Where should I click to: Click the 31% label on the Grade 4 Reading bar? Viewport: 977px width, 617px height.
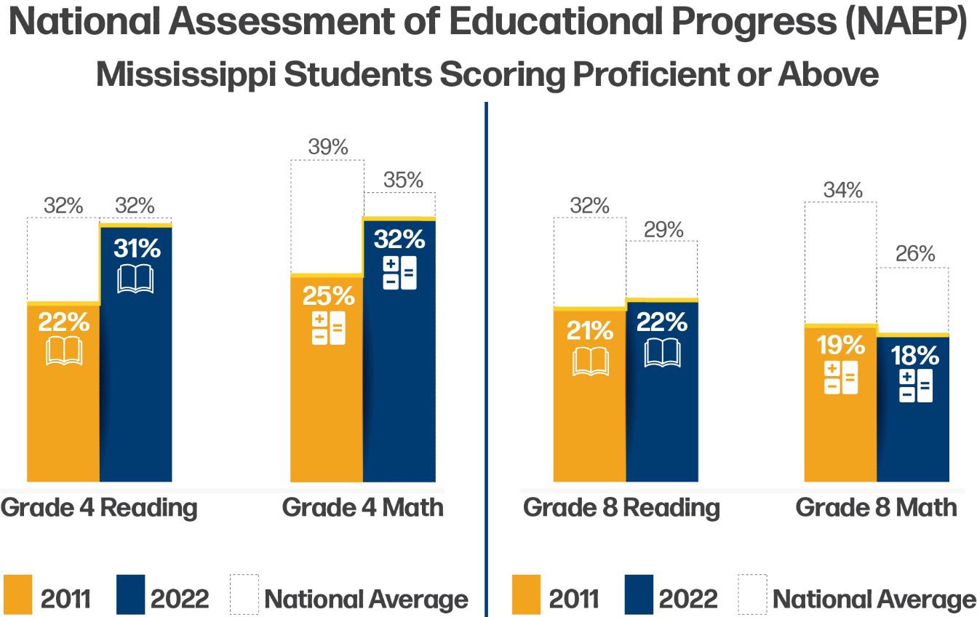[137, 248]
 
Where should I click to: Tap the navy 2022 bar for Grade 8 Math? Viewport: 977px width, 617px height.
[913, 407]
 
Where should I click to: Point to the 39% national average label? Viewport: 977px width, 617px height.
[328, 147]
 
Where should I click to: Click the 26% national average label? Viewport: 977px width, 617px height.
[915, 253]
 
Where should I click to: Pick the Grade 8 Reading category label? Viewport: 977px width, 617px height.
[621, 509]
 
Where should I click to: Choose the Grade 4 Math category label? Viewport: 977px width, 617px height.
[363, 507]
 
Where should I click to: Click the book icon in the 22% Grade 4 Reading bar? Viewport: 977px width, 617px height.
[64, 351]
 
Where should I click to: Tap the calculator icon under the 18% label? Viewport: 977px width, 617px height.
[916, 386]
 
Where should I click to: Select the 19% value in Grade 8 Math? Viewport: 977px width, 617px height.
[841, 345]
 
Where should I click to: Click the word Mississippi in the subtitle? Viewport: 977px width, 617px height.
[186, 75]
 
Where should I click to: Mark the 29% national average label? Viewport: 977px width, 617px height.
[663, 230]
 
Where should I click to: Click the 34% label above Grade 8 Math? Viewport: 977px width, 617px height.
[842, 190]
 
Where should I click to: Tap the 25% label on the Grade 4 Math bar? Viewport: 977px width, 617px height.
[328, 296]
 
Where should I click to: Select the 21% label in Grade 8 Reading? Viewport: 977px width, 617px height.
[590, 330]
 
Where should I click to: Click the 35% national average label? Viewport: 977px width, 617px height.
[403, 180]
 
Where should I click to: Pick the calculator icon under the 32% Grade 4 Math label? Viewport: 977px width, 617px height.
[400, 273]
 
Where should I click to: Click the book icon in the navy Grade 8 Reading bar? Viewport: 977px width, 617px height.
[662, 353]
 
